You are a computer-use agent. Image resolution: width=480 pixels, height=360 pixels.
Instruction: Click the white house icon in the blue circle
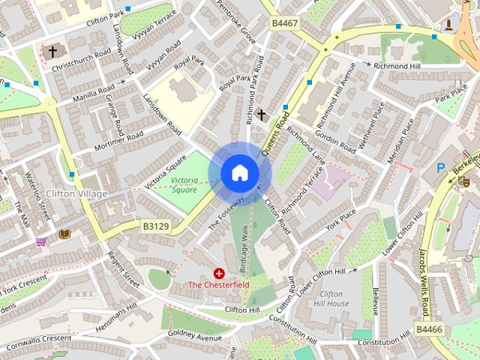tap(239, 173)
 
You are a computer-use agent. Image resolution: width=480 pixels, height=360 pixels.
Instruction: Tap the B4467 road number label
tap(285, 24)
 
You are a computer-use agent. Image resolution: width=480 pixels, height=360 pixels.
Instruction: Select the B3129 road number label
tap(156, 224)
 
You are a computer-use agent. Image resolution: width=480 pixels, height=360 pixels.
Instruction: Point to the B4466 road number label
tap(429, 329)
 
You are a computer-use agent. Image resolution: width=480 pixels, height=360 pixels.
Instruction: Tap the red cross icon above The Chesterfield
tap(219, 274)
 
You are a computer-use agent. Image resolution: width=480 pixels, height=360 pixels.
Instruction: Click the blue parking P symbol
tap(441, 168)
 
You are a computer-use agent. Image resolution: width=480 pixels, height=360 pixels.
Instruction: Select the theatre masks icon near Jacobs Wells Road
tap(464, 181)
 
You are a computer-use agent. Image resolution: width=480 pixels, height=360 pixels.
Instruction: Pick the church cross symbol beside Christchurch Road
tap(52, 52)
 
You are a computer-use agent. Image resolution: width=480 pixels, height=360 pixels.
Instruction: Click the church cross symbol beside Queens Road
tap(261, 115)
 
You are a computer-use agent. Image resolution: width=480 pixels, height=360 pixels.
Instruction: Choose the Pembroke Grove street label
tap(242, 25)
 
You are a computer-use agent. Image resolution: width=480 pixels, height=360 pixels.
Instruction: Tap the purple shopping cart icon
tap(40, 241)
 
